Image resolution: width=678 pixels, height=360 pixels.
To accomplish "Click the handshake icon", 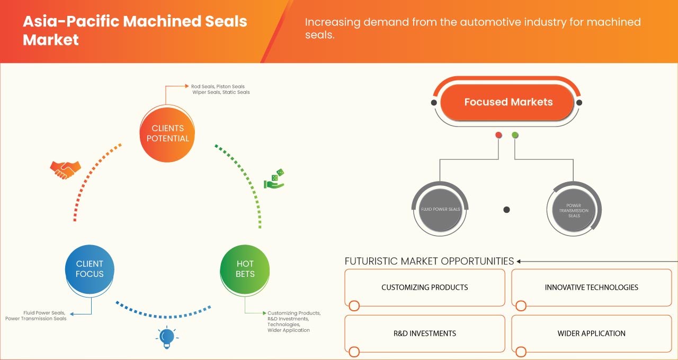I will (65, 169).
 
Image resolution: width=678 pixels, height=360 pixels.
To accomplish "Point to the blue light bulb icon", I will (167, 337).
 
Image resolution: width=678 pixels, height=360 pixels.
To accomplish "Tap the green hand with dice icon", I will (274, 179).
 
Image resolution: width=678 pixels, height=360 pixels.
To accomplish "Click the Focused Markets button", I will (508, 102).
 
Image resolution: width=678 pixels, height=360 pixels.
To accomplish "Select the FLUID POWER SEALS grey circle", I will (440, 209).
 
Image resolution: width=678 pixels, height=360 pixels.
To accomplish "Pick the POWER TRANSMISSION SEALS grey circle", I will (573, 210).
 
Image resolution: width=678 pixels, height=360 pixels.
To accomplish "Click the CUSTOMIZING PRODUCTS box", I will (424, 287).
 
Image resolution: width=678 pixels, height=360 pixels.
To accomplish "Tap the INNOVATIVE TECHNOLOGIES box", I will (591, 287).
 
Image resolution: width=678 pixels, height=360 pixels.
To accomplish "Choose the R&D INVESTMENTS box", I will (424, 334).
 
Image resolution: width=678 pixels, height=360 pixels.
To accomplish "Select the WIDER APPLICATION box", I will (591, 334).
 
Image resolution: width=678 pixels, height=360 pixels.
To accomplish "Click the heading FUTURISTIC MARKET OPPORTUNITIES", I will (429, 261).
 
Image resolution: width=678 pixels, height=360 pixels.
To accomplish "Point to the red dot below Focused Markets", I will (498, 136).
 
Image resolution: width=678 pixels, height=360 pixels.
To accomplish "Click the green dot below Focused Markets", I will (515, 136).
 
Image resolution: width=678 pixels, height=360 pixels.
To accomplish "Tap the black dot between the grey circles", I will (506, 210).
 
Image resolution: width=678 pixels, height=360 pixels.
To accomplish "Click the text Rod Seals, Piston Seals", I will (218, 86).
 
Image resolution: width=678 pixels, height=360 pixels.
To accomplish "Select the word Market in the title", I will (50, 40).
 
